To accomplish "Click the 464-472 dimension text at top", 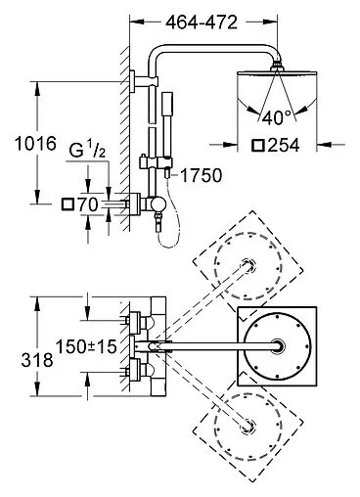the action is pyautogui.click(x=202, y=23).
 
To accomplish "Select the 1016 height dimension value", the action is pyautogui.click(x=35, y=144).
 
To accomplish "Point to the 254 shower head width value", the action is pyautogui.click(x=283, y=146).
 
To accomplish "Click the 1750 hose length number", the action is pyautogui.click(x=202, y=175).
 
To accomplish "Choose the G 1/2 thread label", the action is pyautogui.click(x=87, y=151).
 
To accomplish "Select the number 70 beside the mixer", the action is pyautogui.click(x=87, y=204).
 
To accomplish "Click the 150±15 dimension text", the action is pyautogui.click(x=86, y=346).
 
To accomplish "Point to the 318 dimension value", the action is pyautogui.click(x=37, y=360).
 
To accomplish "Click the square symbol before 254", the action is pyautogui.click(x=258, y=146).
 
